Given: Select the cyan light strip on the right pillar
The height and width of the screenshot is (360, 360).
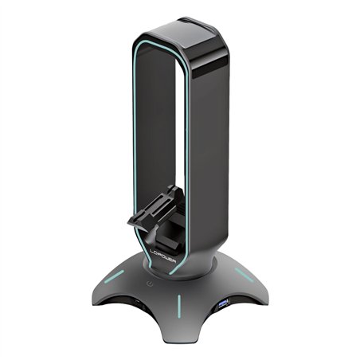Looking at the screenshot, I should point(190,159).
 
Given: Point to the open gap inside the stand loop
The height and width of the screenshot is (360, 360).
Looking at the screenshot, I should point(163,127).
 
